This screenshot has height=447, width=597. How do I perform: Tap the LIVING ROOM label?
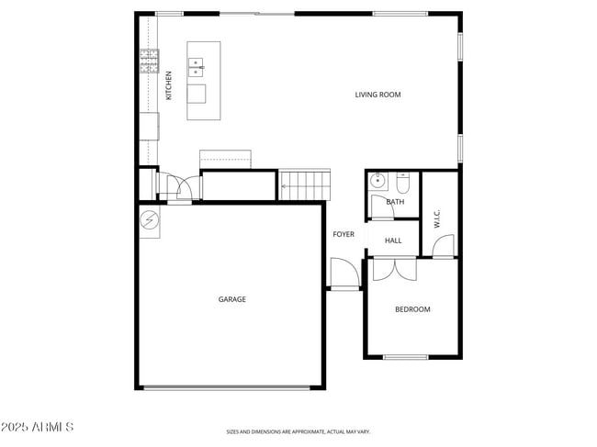tap(377, 95)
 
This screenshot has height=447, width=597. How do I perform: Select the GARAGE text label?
tap(231, 299)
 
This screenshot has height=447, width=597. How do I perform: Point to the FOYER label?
tap(344, 235)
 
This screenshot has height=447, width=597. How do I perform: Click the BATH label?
tap(395, 202)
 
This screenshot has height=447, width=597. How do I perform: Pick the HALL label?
tap(393, 240)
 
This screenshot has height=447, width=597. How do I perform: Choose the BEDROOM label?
tap(412, 309)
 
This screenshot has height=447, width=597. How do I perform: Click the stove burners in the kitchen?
tap(149, 61)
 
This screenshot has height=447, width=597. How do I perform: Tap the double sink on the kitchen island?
tap(197, 66)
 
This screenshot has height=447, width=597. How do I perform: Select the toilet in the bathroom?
tap(403, 180)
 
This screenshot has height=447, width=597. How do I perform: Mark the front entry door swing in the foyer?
tap(344, 274)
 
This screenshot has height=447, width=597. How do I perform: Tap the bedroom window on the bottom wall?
tap(405, 357)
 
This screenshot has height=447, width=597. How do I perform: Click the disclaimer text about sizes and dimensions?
tap(298, 430)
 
